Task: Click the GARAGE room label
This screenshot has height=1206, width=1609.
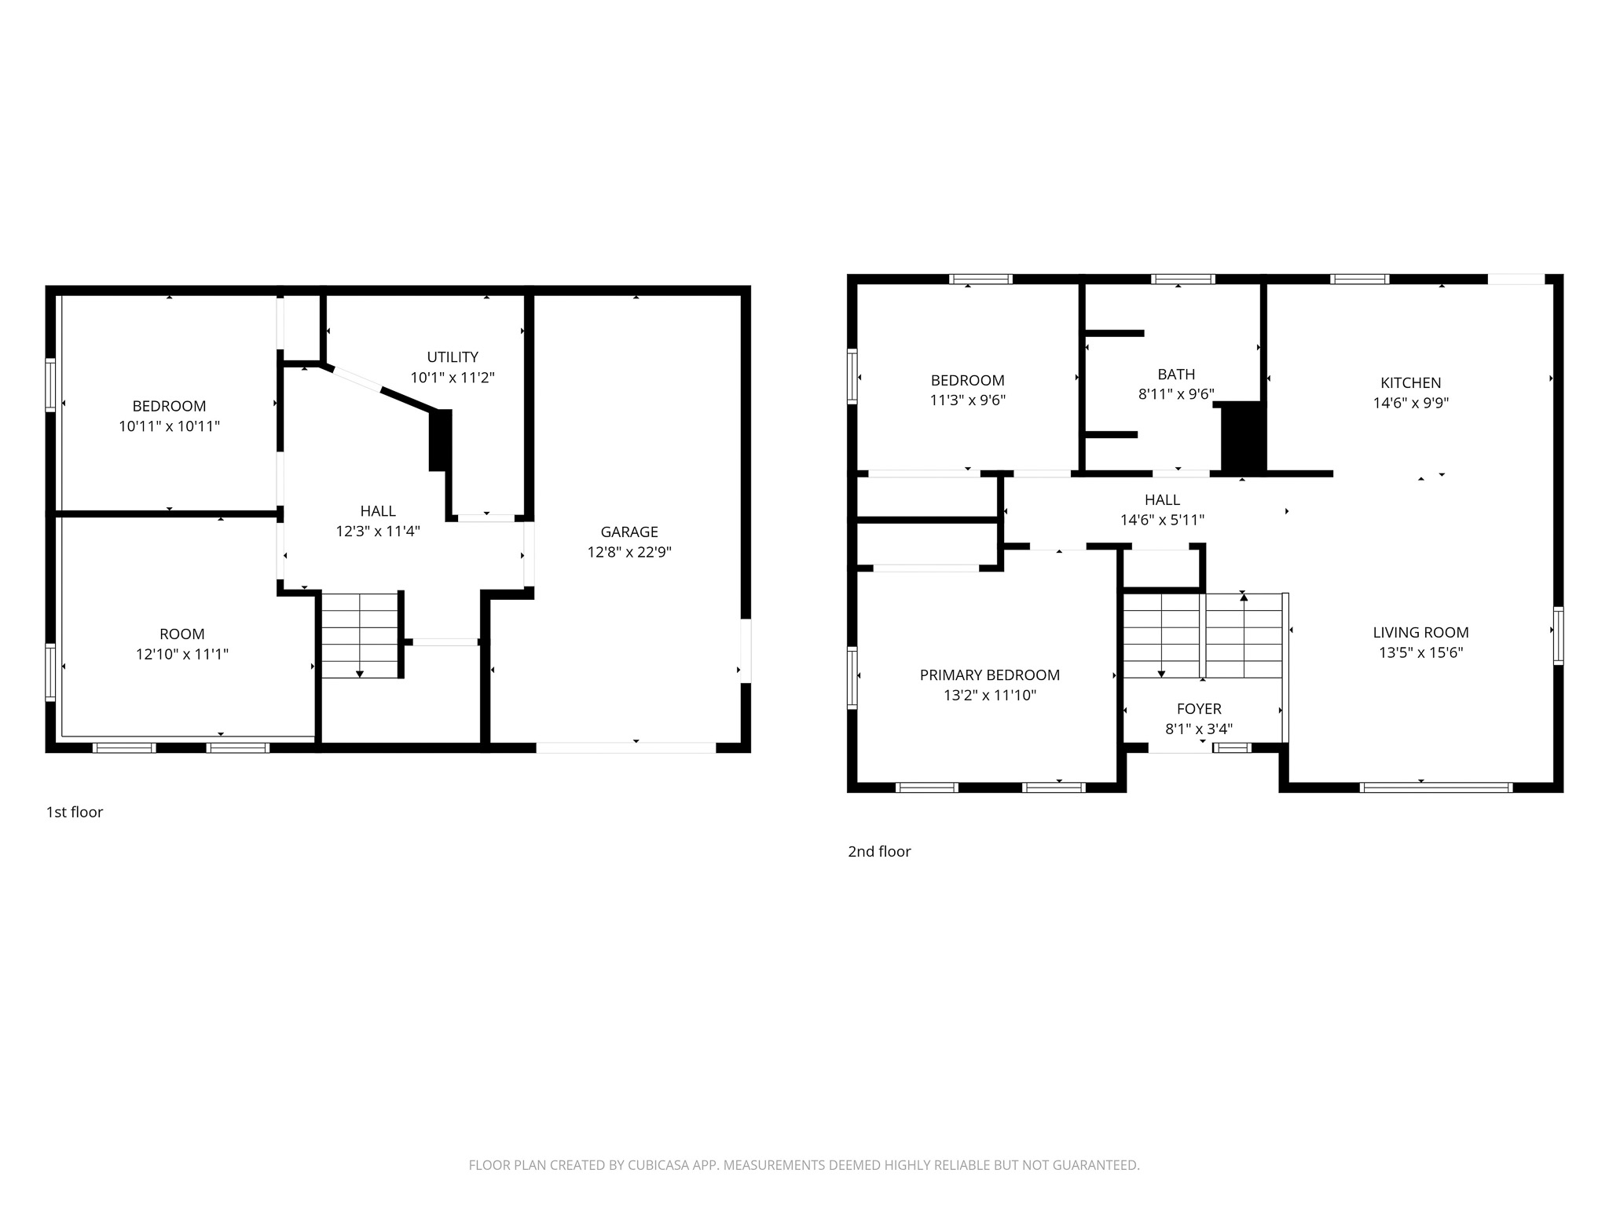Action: click(629, 532)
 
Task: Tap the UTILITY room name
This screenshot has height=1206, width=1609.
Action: click(453, 357)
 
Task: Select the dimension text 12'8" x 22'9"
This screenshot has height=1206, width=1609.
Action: click(629, 552)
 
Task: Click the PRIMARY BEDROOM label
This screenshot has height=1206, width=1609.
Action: click(989, 674)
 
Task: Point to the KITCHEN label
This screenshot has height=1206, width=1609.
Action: click(1410, 382)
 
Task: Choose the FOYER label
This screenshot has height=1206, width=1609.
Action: click(1198, 709)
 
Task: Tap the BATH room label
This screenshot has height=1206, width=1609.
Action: click(1176, 375)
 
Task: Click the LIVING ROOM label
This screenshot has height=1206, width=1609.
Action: click(1420, 632)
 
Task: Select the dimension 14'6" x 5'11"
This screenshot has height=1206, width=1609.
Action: click(1162, 520)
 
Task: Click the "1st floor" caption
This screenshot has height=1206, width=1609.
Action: click(75, 812)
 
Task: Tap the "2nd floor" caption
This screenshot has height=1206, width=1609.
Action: click(879, 851)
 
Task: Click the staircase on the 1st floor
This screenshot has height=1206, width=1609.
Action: click(360, 636)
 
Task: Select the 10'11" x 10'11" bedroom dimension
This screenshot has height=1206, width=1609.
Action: click(169, 426)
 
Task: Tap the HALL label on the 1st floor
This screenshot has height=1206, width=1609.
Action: click(378, 511)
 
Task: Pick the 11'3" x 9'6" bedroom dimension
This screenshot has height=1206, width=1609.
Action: click(967, 400)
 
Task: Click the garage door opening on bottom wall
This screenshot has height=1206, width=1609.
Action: click(625, 747)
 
